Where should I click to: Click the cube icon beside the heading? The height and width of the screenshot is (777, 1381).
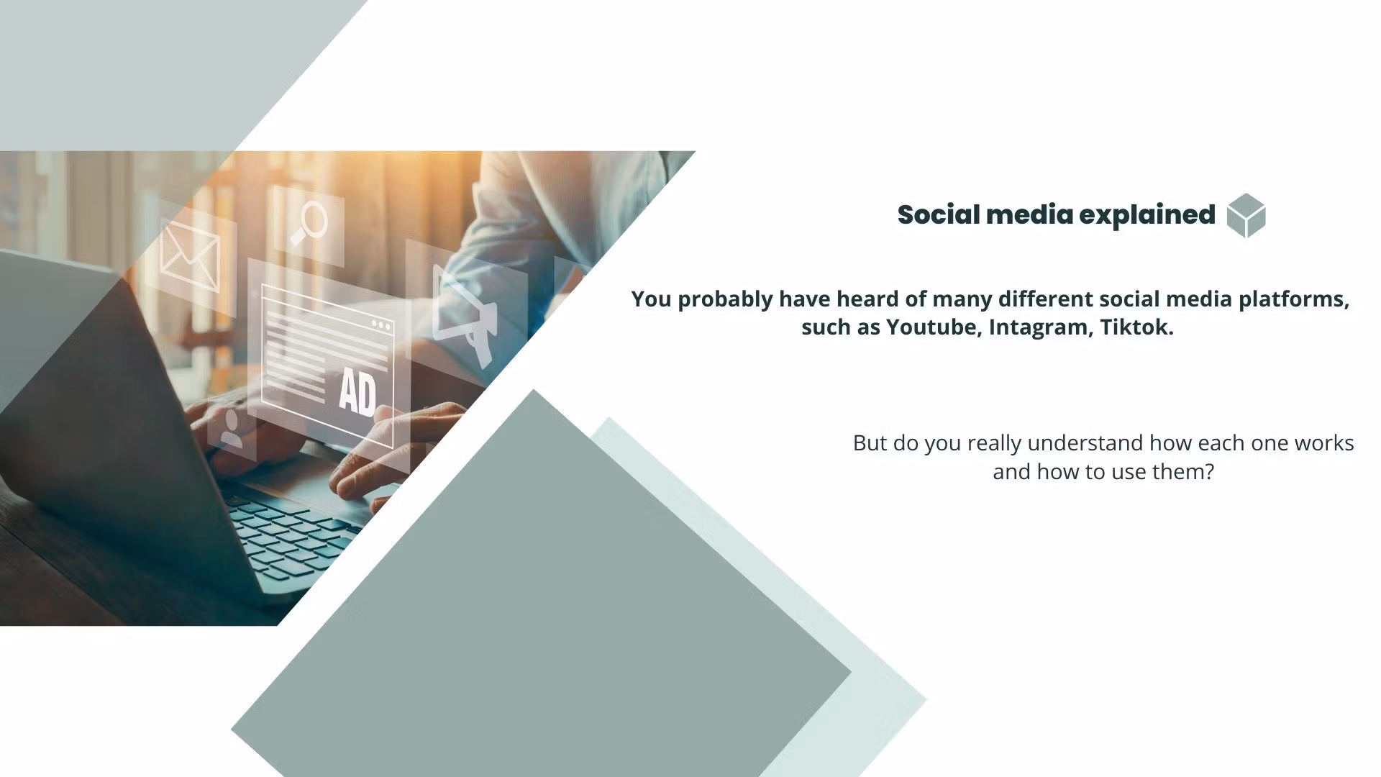1246,215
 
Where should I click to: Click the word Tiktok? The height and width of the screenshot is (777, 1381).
1136,327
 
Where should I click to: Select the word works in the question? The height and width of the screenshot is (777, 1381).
1324,443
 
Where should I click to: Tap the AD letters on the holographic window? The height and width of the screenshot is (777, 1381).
357,393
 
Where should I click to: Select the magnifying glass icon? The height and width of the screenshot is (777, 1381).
309,224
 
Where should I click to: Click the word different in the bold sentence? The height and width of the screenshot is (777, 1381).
1045,299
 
